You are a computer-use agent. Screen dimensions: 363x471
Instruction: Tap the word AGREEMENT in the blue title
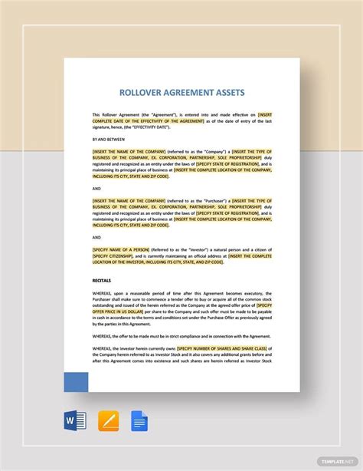click(x=177, y=93)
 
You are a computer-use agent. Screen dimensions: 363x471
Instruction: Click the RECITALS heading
click(x=102, y=281)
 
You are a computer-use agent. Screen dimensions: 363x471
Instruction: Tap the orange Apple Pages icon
click(x=109, y=421)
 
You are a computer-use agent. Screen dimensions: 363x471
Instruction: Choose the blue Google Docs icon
click(x=139, y=421)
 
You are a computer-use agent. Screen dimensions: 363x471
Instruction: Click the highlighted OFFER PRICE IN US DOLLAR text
click(x=119, y=311)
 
